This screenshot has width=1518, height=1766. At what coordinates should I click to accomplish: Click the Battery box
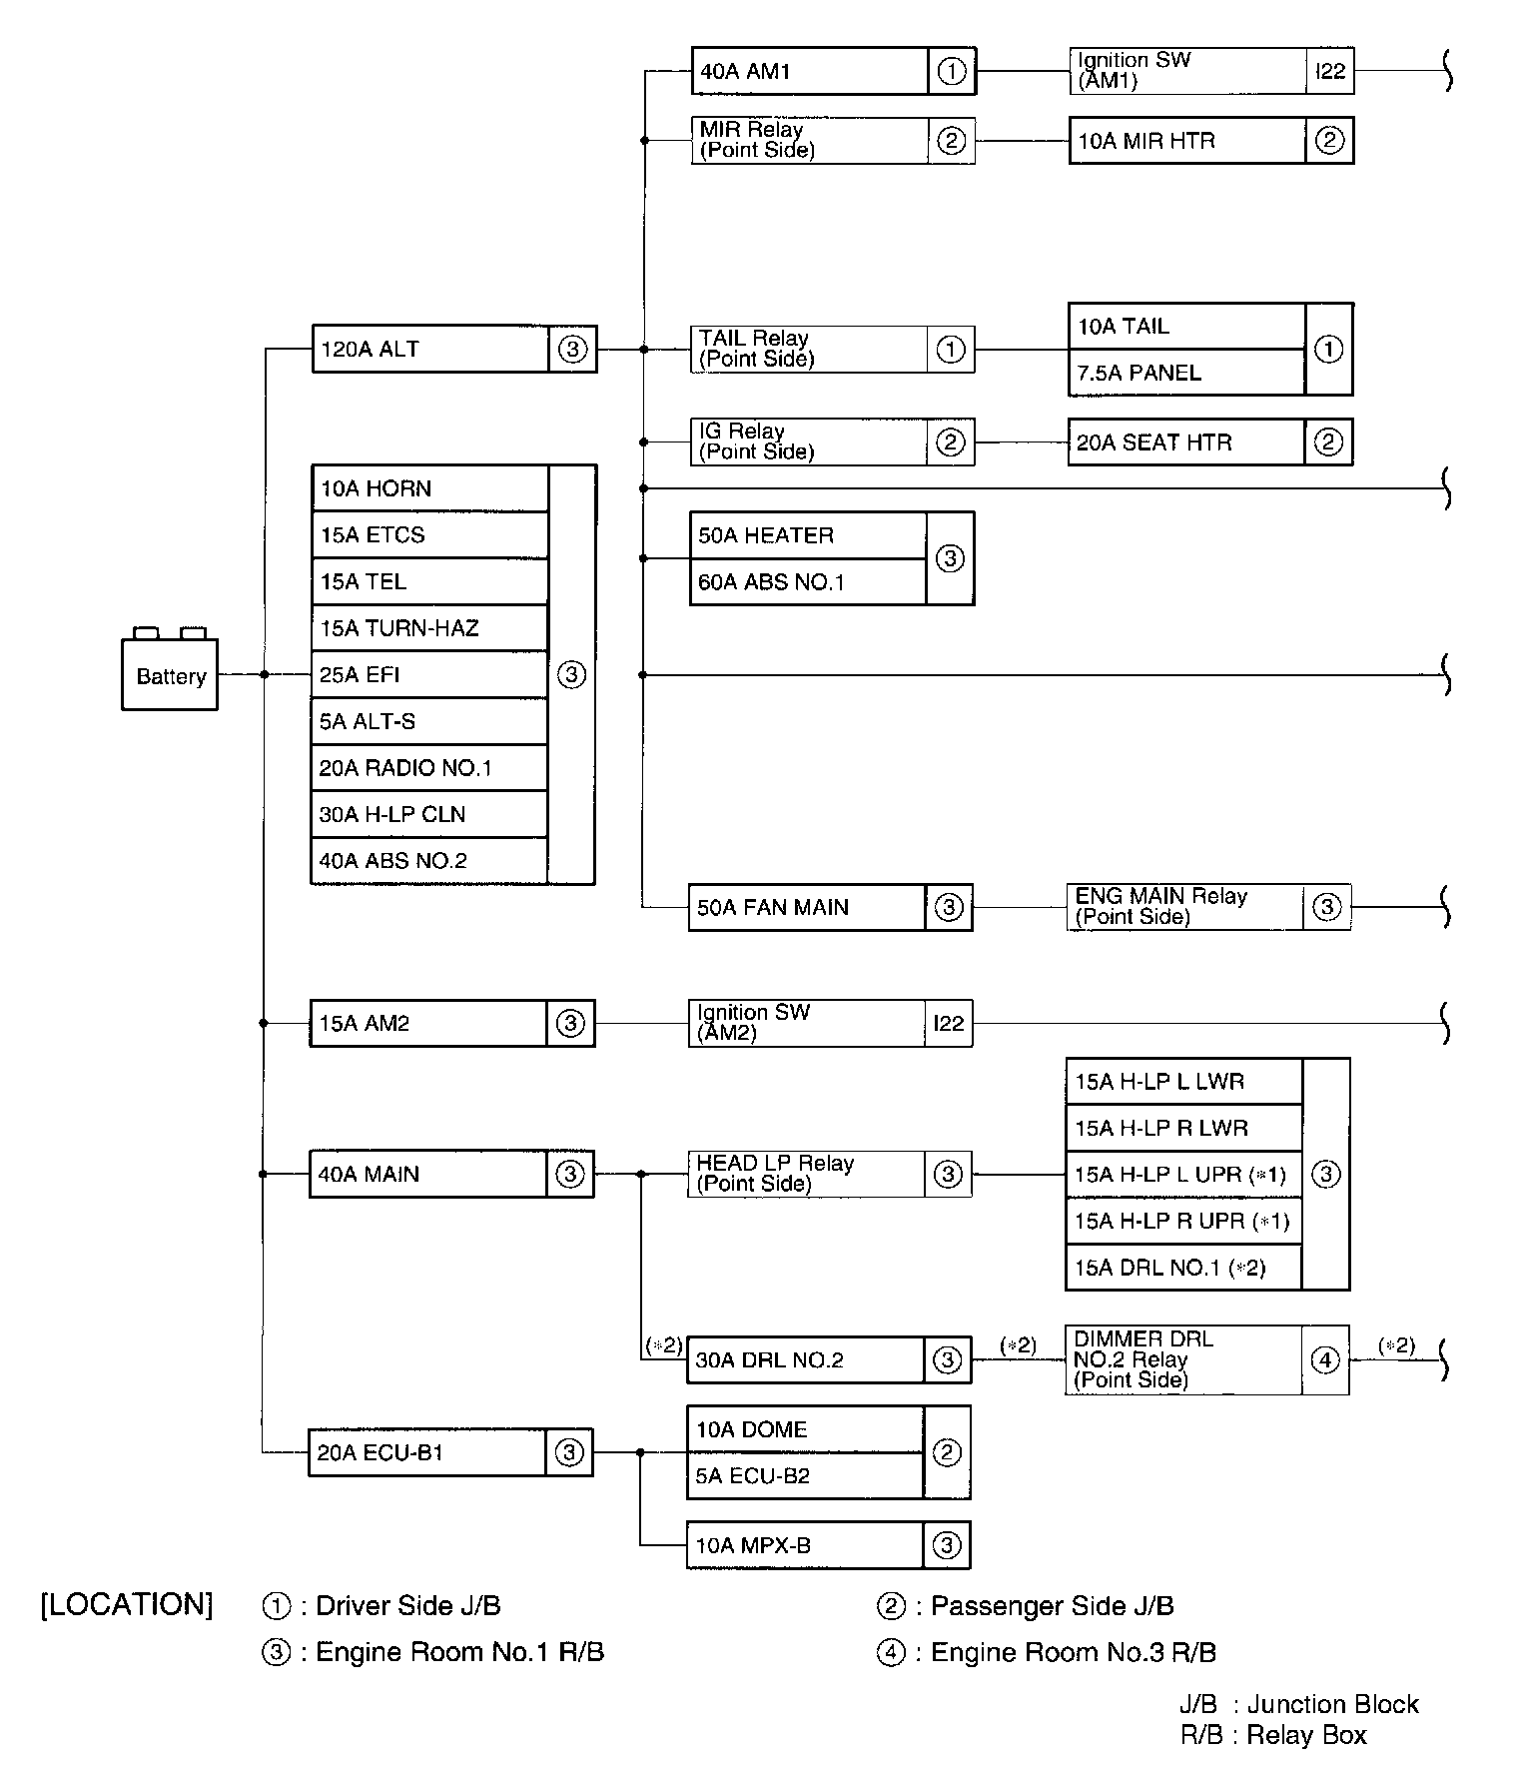pos(170,675)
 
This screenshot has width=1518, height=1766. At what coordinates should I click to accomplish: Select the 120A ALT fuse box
pos(430,350)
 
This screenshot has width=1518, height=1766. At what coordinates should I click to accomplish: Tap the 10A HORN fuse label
pos(377,488)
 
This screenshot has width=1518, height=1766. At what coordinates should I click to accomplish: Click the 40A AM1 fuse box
pos(809,72)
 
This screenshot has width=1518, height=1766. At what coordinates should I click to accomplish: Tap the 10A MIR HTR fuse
pos(1186,141)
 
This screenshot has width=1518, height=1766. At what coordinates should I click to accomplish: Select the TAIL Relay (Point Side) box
pos(809,350)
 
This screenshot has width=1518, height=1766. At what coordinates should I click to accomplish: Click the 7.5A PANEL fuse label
pos(1138,373)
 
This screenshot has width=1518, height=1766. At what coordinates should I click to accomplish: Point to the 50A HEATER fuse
pos(766,535)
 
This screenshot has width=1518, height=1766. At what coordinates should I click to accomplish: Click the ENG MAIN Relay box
pos(1184,907)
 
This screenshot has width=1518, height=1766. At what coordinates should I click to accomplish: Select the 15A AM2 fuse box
pos(428,1024)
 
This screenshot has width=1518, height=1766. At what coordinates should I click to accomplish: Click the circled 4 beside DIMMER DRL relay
pos(1324,1360)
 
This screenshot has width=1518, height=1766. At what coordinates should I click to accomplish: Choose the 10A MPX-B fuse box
pos(805,1546)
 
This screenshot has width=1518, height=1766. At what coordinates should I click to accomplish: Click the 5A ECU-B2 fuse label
pos(753,1476)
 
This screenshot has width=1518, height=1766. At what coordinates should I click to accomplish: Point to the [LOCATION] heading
pos(127,1605)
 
